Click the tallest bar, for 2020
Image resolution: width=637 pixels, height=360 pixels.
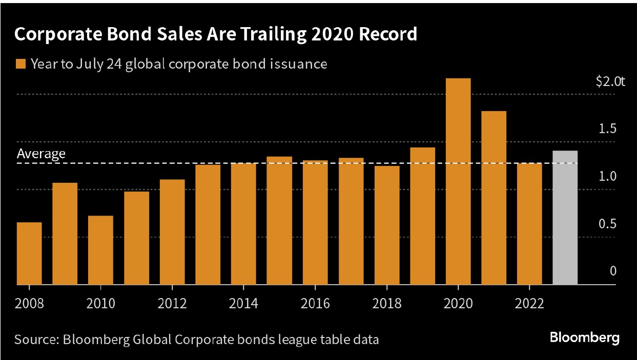point(458,181)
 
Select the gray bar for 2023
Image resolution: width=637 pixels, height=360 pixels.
point(565,218)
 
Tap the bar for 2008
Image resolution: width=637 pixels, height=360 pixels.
point(29,253)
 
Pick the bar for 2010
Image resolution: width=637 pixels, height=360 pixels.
point(100,250)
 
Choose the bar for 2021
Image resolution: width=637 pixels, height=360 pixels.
point(494,198)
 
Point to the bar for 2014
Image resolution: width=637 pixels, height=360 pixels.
point(243,224)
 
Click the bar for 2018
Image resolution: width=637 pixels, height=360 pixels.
point(386,225)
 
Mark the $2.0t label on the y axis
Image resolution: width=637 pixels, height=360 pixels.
point(610,82)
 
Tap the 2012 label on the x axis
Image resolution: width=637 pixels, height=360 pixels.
point(172,303)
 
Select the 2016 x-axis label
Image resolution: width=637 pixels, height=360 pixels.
point(315,303)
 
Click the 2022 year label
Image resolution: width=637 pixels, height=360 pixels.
point(529,303)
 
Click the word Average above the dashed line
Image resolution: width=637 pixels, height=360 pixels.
point(41,154)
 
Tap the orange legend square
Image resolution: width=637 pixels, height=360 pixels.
point(20,64)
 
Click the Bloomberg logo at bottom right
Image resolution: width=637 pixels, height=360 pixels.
point(584,338)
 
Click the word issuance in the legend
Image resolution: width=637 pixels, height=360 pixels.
point(299,64)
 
